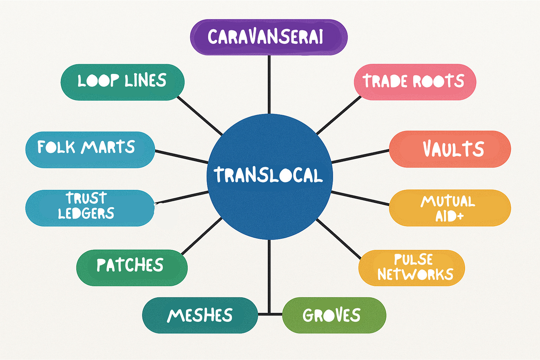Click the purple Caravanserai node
[269, 37]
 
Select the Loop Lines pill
[122, 82]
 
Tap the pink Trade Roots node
[415, 82]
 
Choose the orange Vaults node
[450, 149]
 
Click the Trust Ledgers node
[90, 208]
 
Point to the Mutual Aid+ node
[450, 208]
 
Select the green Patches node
[132, 267]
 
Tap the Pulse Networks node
[411, 268]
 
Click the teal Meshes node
[200, 315]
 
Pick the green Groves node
[334, 315]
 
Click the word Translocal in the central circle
[268, 175]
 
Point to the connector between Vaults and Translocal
[360, 156]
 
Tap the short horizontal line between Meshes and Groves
[270, 314]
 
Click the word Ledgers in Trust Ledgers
[86, 214]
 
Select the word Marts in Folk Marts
[108, 147]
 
